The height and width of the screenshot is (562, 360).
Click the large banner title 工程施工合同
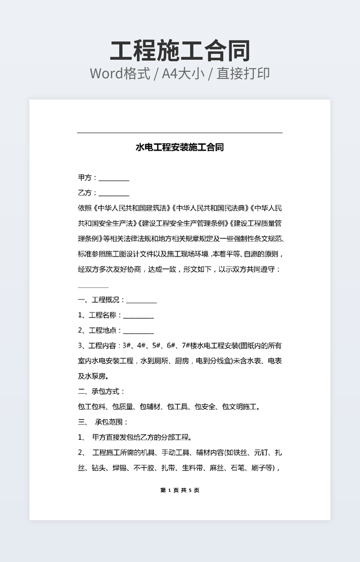pyautogui.click(x=180, y=51)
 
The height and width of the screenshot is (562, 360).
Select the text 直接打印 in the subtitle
pyautogui.click(x=243, y=73)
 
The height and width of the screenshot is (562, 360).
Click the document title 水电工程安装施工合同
pyautogui.click(x=180, y=147)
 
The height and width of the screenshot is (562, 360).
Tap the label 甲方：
pyautogui.click(x=88, y=178)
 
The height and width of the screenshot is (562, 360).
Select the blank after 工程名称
pyautogui.click(x=138, y=317)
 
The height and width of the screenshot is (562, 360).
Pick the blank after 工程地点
pyautogui.click(x=138, y=332)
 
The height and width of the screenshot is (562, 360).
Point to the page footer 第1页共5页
pyautogui.click(x=180, y=490)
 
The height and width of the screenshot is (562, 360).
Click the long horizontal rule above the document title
pyautogui.click(x=180, y=133)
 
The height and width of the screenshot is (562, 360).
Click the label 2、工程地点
pyautogui.click(x=100, y=330)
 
